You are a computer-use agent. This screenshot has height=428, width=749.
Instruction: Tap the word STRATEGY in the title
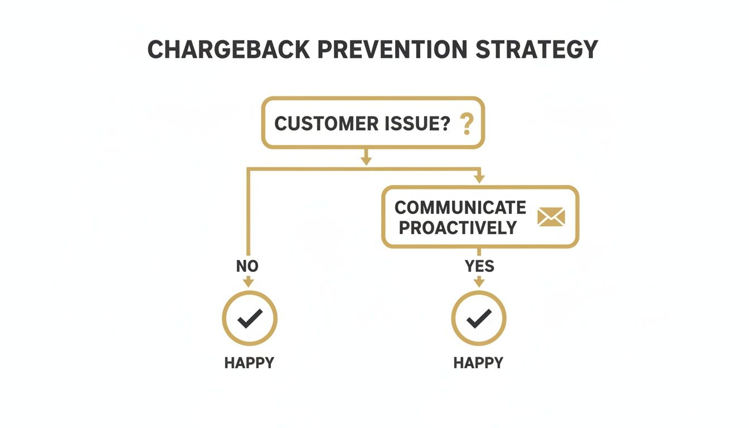coord(537,50)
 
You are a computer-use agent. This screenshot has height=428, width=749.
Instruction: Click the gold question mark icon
coord(466,123)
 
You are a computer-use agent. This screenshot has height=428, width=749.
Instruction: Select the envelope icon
coord(551,217)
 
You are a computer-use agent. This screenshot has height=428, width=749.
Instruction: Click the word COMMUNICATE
coord(460,207)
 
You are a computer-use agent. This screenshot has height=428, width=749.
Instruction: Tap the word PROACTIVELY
coord(458,227)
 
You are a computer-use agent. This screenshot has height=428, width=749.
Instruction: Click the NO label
coord(247,266)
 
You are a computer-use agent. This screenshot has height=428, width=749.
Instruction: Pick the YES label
coord(479,266)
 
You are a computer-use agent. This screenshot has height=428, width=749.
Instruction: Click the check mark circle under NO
coord(250,318)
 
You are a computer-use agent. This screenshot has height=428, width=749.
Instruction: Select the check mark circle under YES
coord(479,318)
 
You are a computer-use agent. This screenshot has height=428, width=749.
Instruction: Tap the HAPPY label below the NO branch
coord(249,363)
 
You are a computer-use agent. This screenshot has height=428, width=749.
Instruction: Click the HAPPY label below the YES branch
coord(478,363)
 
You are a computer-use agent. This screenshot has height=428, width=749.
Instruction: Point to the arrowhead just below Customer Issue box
coord(366,160)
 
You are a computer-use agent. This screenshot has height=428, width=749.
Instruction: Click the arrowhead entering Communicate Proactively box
coord(478,179)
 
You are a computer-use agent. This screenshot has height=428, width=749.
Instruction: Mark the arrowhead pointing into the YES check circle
coord(479,284)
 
